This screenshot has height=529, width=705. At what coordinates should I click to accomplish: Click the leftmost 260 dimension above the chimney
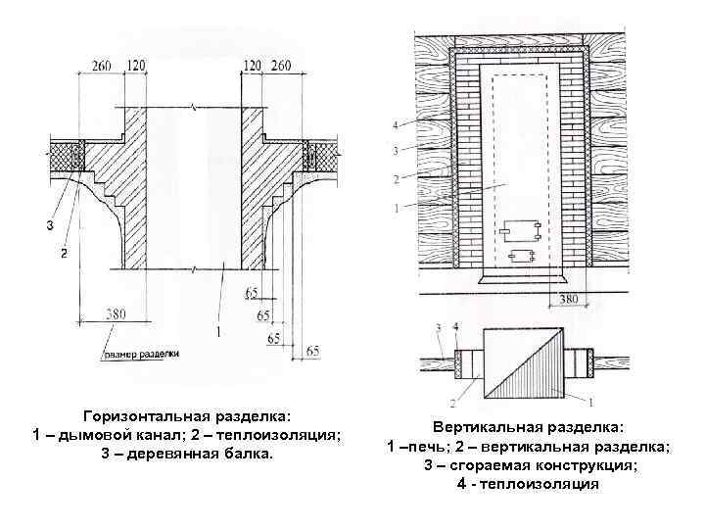102,65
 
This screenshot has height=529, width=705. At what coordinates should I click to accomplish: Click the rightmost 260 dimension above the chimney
280,65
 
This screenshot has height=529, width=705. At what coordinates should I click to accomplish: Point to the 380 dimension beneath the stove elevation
568,297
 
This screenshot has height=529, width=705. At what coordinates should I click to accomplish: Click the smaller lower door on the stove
519,257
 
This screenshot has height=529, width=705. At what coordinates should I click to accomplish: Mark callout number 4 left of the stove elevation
395,125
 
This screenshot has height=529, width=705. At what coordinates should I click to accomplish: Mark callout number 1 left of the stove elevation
395,208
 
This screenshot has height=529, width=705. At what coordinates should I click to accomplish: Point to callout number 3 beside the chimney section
49,227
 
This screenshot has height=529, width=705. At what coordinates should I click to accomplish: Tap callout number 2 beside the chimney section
63,254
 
